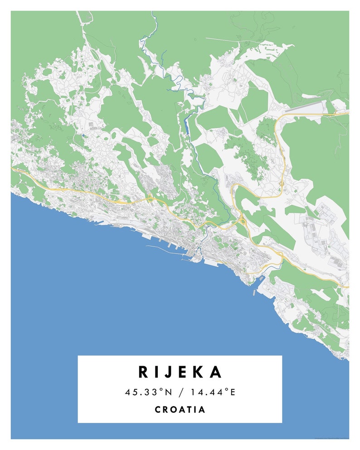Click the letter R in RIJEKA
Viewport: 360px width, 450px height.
[144, 372]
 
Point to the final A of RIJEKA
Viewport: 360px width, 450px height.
[216, 372]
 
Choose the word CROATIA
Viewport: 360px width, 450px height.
[180, 410]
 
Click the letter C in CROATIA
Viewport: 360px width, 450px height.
[158, 410]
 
